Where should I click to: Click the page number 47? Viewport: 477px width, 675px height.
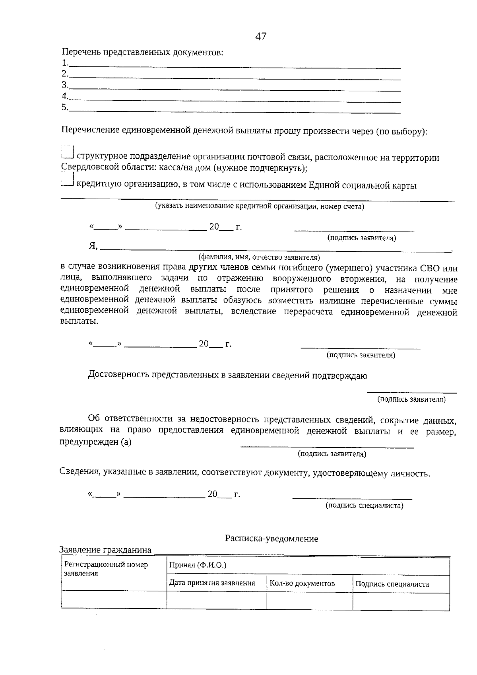point(261,37)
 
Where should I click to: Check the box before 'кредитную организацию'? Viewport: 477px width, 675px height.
point(68,180)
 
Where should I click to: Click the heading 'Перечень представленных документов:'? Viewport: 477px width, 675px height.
point(142,53)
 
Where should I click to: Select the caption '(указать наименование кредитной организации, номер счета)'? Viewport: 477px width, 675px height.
point(260,206)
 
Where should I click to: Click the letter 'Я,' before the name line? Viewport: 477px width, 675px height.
point(93,246)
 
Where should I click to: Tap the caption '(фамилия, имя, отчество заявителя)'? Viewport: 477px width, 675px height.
point(259,257)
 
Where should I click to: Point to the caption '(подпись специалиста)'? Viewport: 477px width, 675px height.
point(364,506)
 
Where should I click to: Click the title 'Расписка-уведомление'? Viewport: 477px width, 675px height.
point(271,539)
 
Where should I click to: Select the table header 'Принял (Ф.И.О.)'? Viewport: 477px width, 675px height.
point(198,565)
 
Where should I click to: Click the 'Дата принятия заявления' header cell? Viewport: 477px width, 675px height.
point(212,583)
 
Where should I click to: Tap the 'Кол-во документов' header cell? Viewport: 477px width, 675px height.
point(302,584)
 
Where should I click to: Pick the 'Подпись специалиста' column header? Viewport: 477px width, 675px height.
point(392,584)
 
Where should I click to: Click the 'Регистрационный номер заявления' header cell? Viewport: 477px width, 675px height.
point(106,569)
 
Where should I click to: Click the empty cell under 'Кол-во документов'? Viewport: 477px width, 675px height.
point(309,601)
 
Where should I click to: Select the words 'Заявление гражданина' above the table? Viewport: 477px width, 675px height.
point(105,550)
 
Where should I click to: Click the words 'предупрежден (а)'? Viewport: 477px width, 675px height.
point(95,442)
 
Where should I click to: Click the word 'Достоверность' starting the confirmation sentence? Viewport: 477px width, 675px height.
point(118,375)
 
